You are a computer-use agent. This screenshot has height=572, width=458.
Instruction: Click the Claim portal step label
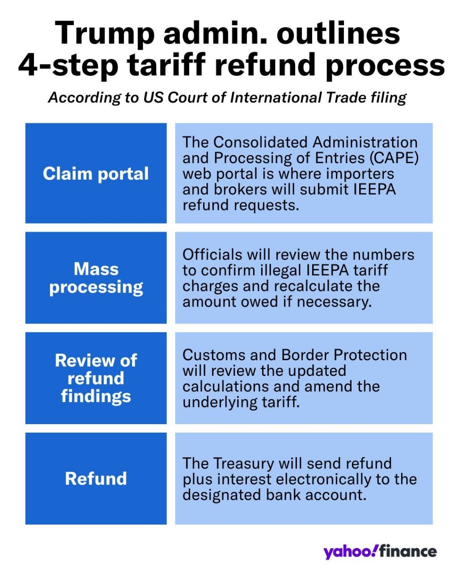96,174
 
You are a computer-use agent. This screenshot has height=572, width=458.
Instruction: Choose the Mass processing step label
96,278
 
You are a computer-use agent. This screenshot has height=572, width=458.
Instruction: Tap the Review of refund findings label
96,378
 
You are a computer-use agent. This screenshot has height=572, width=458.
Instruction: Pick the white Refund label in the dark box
96,479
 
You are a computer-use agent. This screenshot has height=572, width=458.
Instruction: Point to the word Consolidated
261,143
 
